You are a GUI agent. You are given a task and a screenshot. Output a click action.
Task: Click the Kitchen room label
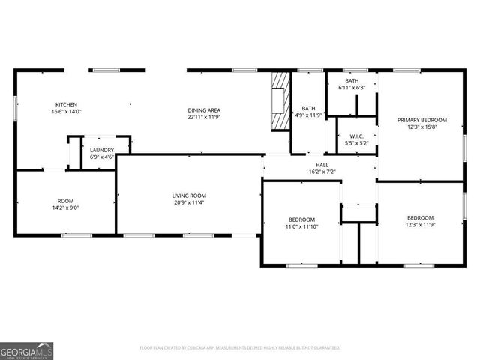click(x=66, y=104)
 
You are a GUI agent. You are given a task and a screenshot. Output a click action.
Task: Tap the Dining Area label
click(x=204, y=111)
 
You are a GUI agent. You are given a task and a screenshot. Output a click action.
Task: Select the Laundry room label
click(x=102, y=150)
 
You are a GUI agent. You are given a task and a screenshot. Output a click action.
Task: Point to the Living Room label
click(x=188, y=196)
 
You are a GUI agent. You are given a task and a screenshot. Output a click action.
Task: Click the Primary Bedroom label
click(x=421, y=120)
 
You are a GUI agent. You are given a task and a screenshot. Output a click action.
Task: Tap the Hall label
click(x=322, y=165)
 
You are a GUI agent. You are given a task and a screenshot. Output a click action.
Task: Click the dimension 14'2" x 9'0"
click(x=66, y=208)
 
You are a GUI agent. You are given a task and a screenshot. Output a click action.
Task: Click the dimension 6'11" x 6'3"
click(x=352, y=88)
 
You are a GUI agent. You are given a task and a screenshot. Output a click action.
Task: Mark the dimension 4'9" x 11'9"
click(x=308, y=115)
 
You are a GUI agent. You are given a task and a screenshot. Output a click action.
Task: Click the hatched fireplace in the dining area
click(x=280, y=101)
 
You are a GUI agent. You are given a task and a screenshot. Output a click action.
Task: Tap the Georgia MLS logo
click(x=26, y=350)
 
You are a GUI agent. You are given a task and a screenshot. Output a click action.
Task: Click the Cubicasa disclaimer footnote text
click(x=240, y=348)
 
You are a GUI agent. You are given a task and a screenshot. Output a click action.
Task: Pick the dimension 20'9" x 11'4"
click(x=188, y=202)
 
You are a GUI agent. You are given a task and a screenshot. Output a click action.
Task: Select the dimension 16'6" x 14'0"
click(x=66, y=112)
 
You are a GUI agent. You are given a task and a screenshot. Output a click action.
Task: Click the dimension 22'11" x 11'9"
click(x=204, y=118)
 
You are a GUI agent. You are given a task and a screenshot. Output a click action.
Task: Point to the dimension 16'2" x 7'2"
click(x=322, y=172)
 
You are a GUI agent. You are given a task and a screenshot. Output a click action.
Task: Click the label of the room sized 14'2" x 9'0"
click(x=66, y=201)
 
